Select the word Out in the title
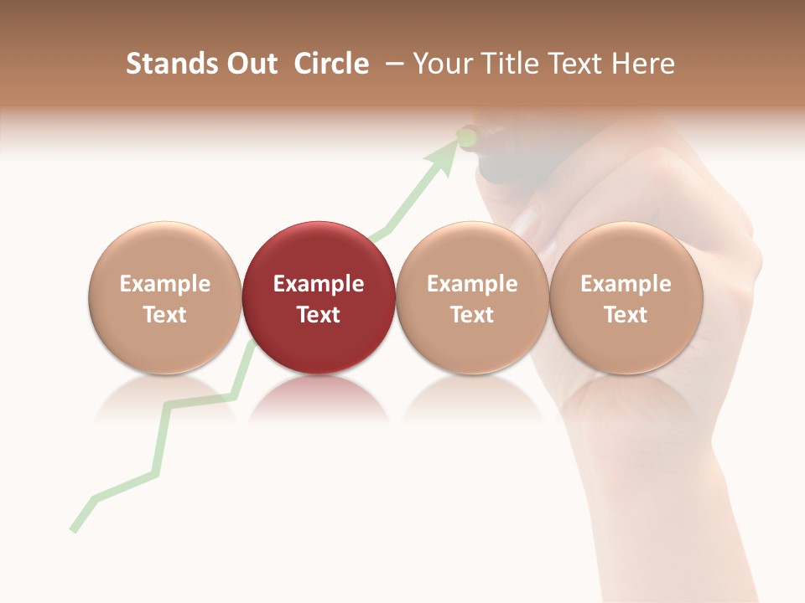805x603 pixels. (250, 64)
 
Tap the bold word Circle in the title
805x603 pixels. (331, 64)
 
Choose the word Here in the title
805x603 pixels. (642, 64)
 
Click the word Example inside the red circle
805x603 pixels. (319, 284)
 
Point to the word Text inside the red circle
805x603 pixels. (319, 315)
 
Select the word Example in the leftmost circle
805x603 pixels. (164, 284)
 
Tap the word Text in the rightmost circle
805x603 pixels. (626, 315)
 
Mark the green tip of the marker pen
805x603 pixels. (467, 136)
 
